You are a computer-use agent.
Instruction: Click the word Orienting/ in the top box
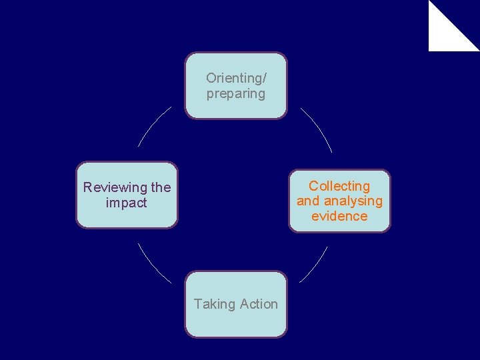[236, 79]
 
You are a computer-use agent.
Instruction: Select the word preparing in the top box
[236, 94]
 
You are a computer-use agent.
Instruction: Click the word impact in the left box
[127, 203]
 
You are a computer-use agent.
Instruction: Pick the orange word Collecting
[339, 186]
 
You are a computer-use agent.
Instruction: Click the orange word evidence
[339, 216]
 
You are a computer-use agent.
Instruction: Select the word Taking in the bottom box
[215, 304]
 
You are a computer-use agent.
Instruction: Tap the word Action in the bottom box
[259, 304]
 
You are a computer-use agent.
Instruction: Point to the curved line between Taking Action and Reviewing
[153, 264]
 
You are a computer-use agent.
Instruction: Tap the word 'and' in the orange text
[308, 201]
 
